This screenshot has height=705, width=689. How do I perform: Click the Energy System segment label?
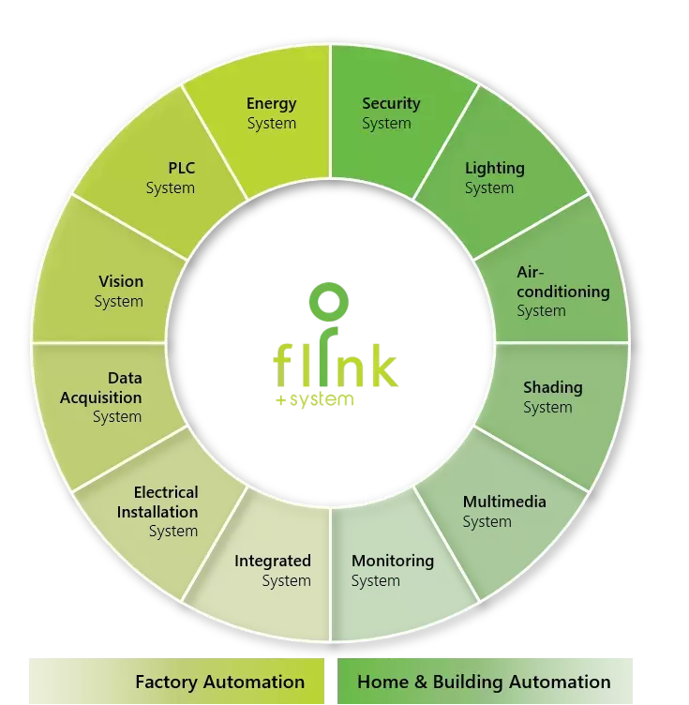(x=272, y=113)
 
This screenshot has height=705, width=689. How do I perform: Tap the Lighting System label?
(x=494, y=178)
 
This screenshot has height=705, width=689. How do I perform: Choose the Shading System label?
(x=552, y=397)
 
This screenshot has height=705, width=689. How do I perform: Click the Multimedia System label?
(x=503, y=511)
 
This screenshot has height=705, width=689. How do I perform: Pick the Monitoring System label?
(x=392, y=571)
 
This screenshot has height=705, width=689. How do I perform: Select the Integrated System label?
(x=273, y=571)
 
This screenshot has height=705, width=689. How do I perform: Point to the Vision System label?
(x=120, y=291)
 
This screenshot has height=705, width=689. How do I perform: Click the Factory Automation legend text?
(x=219, y=682)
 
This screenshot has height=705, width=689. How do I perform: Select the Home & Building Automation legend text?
(x=484, y=682)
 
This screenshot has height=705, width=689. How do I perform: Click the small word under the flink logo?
(x=318, y=401)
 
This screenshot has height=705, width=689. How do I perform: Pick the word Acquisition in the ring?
(x=101, y=397)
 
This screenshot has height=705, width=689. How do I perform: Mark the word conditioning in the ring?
(x=562, y=292)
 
